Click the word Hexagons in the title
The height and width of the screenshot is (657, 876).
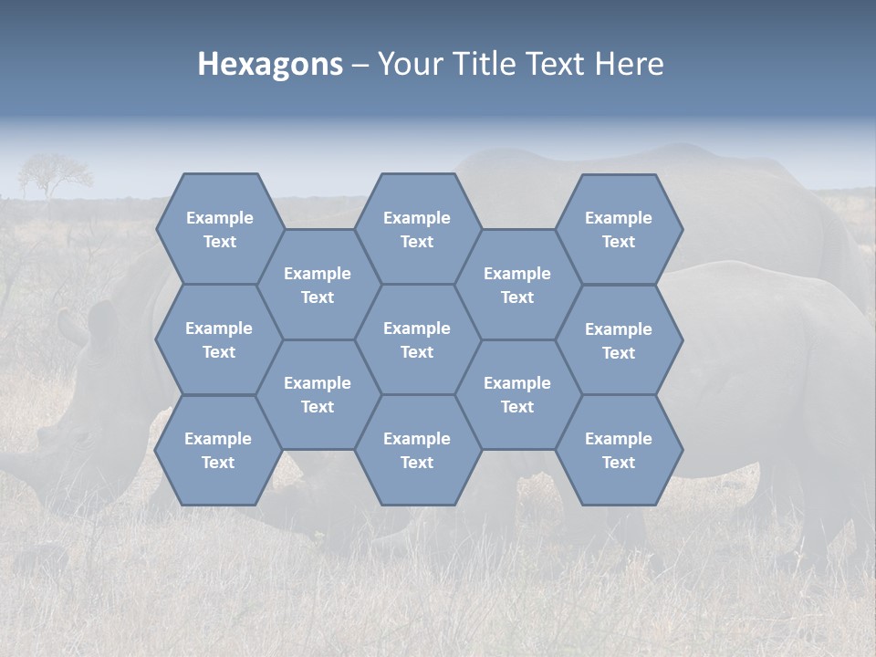tap(270, 64)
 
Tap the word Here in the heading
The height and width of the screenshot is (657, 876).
tap(629, 64)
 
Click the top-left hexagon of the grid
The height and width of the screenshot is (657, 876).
tap(219, 229)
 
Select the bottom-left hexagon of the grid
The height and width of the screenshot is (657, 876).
tap(218, 450)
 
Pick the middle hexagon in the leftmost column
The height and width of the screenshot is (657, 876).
tap(219, 339)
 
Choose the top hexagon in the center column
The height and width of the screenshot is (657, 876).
tap(417, 229)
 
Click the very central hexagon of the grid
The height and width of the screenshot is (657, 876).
tap(417, 339)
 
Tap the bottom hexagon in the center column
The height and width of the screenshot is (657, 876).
tap(417, 450)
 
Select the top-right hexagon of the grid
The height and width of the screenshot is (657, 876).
tap(619, 229)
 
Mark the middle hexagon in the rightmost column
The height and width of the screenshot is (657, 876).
tap(619, 340)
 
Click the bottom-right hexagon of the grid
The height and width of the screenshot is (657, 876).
tap(619, 450)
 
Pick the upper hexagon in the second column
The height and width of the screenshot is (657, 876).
tap(318, 285)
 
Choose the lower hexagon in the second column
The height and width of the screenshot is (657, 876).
tap(318, 394)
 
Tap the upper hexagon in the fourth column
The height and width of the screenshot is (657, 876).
tap(517, 285)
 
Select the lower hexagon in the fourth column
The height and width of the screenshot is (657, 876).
tap(517, 394)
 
